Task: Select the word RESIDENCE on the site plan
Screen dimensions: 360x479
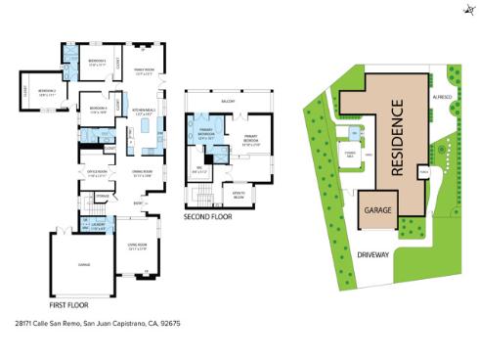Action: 397,136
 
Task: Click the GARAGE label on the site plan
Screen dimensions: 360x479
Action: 377,209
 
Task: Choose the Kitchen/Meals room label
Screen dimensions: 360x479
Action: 142,112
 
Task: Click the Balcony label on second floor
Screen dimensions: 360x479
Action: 228,99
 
